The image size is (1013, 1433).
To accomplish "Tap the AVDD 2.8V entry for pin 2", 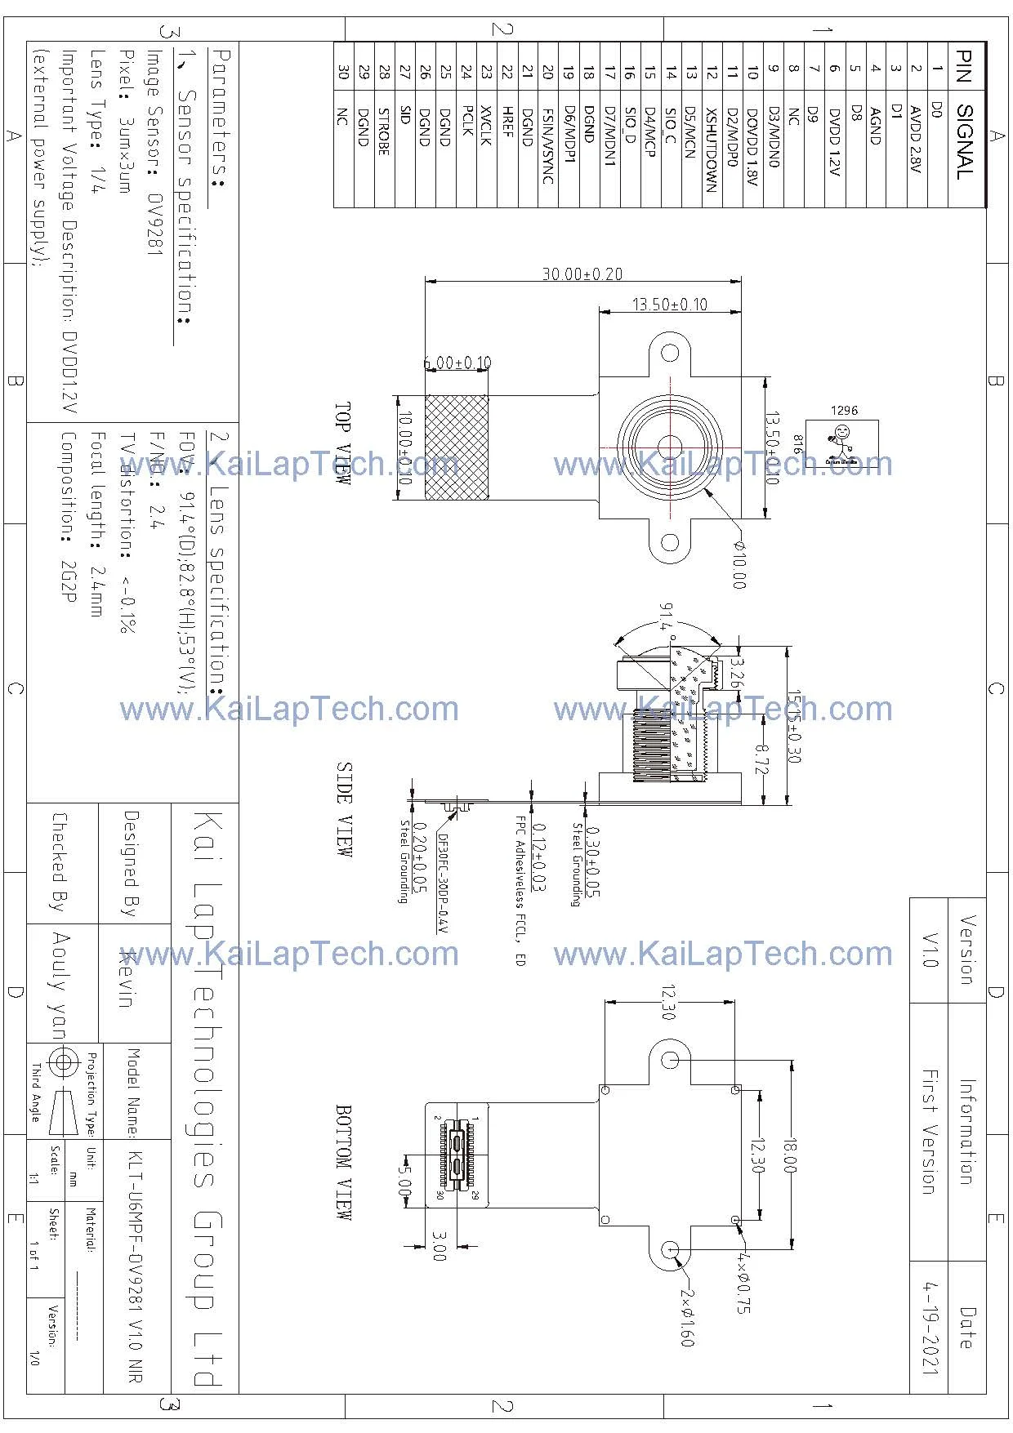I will tap(915, 139).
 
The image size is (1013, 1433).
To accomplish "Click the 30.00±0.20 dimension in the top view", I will tap(582, 274).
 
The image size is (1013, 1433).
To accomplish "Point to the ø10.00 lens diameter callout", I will tap(739, 563).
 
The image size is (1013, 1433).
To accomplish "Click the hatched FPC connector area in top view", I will tap(457, 448).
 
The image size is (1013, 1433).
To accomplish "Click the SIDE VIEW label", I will tap(344, 808).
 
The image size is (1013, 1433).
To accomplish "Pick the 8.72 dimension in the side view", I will tap(761, 760).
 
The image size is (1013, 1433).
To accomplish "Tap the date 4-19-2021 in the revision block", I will tap(930, 1327).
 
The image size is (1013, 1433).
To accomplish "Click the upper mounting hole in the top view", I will tap(670, 353).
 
